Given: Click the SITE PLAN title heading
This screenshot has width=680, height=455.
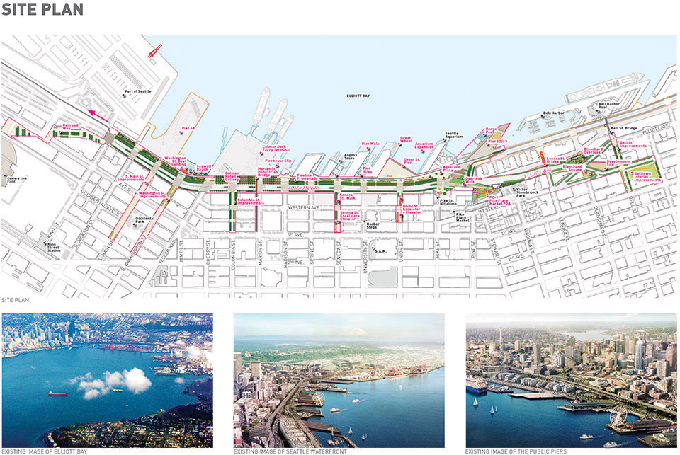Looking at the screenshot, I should pos(42,10).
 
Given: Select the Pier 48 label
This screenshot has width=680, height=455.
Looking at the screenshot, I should pos(188,128).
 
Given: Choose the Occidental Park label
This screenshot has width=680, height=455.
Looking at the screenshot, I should pos(144,219).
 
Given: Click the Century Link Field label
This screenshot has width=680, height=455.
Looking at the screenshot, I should pos(16,180).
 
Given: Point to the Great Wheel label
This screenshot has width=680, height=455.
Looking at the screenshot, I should pos(406,140).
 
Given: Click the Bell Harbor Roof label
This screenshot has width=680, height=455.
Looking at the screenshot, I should pos(609,107).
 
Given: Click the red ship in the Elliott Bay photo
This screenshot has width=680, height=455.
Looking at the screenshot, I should pos(58,393).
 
